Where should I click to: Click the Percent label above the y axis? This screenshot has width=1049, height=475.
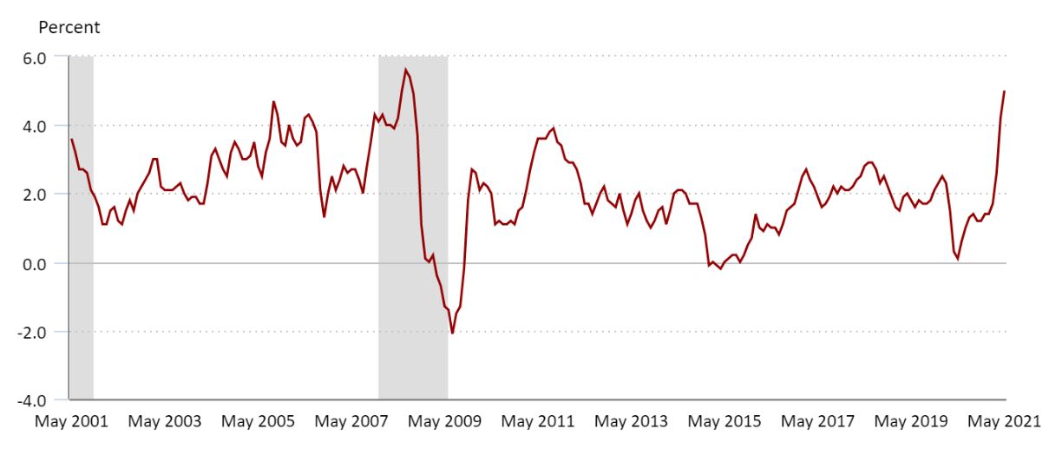point(69,27)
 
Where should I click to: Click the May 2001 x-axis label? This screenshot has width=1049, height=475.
point(71,422)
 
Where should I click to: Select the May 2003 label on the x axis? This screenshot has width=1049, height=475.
point(165,422)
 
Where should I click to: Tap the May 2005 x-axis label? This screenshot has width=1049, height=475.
point(258,422)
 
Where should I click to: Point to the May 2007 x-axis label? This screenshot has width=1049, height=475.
point(351,422)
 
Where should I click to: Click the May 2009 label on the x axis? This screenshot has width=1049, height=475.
point(444,422)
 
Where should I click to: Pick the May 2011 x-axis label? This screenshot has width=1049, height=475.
point(538,422)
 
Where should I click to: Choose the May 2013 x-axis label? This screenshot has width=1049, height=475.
point(632,422)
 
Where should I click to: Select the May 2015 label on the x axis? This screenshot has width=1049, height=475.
point(724,422)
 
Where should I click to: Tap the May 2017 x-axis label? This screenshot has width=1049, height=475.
point(817,422)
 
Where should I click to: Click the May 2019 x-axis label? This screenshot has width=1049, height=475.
point(911,422)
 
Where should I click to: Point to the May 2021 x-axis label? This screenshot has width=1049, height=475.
point(1004,422)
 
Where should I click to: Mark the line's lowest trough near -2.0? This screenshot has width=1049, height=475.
point(452,333)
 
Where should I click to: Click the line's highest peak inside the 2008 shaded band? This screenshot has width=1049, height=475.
point(405,69)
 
